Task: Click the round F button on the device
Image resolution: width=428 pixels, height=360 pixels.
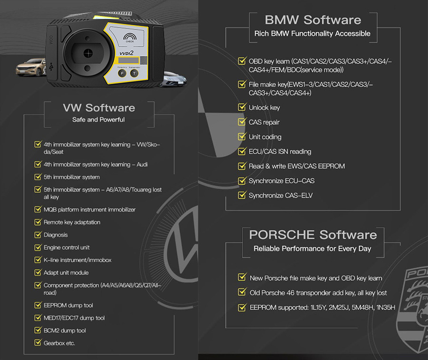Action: tap(122, 74)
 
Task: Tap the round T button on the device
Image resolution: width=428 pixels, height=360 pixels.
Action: tap(134, 74)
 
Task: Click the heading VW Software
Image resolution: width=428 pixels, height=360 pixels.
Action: tap(98, 108)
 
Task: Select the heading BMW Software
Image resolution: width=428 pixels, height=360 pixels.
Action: tap(312, 20)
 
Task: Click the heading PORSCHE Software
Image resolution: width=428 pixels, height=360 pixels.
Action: tap(312, 234)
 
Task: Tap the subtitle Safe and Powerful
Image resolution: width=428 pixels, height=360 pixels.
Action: tap(98, 120)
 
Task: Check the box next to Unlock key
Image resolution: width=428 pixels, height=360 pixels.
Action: tap(242, 107)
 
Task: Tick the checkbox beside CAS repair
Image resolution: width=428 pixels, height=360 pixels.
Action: tap(242, 122)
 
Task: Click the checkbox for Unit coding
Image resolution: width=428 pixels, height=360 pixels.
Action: tap(242, 137)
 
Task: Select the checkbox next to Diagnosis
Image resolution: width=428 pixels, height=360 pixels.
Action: tap(38, 235)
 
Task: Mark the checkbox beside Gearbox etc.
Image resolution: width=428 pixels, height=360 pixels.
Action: tap(38, 343)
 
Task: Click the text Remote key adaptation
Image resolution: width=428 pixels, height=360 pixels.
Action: tap(72, 222)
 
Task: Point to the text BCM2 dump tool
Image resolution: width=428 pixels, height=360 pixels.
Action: tap(65, 331)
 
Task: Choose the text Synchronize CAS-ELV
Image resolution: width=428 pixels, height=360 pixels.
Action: tap(281, 195)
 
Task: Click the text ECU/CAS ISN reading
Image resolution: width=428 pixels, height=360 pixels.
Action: tap(280, 152)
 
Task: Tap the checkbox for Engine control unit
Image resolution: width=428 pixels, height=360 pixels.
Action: tap(38, 247)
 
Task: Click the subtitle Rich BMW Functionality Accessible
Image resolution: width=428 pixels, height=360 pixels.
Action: tap(312, 34)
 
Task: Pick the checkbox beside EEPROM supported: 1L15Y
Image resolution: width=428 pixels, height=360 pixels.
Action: tap(242, 308)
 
